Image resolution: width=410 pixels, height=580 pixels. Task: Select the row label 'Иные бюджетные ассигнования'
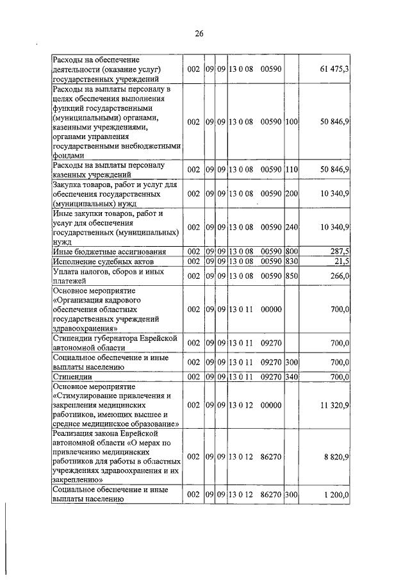pyautogui.click(x=109, y=252)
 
